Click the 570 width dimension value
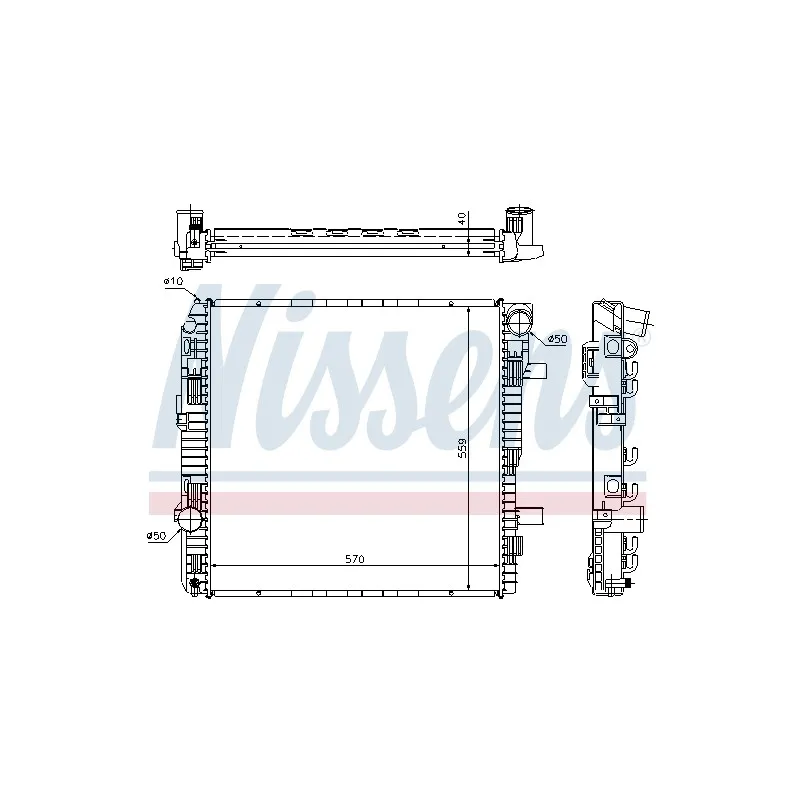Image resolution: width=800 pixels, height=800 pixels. pyautogui.click(x=355, y=559)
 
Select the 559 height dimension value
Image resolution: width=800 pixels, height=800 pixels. pyautogui.click(x=462, y=448)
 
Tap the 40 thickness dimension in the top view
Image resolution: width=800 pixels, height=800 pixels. pyautogui.click(x=462, y=219)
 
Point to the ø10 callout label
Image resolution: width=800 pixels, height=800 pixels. pyautogui.click(x=173, y=281)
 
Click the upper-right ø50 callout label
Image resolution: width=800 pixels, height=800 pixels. pyautogui.click(x=557, y=339)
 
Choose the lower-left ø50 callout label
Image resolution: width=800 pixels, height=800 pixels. pyautogui.click(x=156, y=536)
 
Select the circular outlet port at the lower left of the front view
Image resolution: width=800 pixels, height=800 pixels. pyautogui.click(x=189, y=519)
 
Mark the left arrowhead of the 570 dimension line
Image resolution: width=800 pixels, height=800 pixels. pyautogui.click(x=215, y=565)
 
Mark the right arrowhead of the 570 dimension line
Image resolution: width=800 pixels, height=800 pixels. pyautogui.click(x=494, y=565)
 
